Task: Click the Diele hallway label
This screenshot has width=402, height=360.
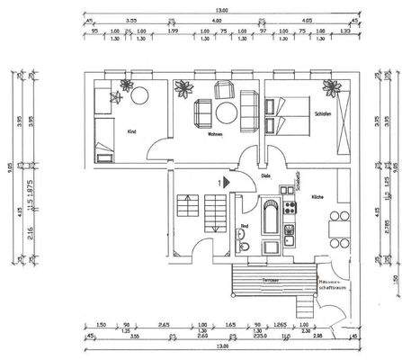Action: click(x=265, y=176)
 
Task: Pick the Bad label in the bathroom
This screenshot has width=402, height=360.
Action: click(x=245, y=226)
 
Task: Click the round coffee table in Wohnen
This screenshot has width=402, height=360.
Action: click(x=222, y=113)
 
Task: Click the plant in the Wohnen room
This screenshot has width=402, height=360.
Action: click(x=187, y=89)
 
